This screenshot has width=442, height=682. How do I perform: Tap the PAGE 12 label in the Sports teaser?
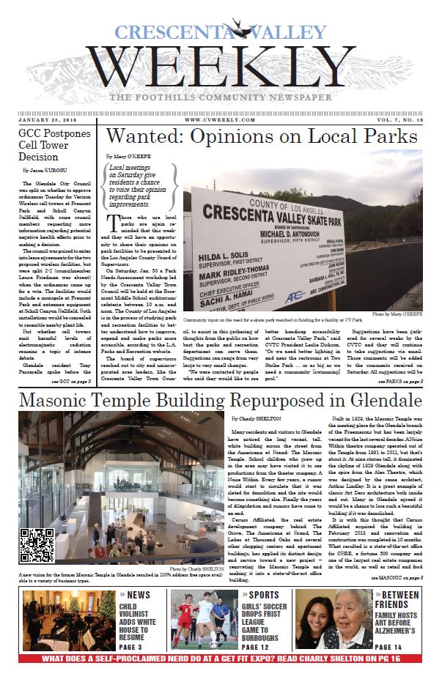coord(267,647)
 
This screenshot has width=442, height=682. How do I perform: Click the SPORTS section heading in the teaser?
coord(268,596)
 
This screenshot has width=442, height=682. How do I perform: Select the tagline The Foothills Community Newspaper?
coord(221,98)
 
